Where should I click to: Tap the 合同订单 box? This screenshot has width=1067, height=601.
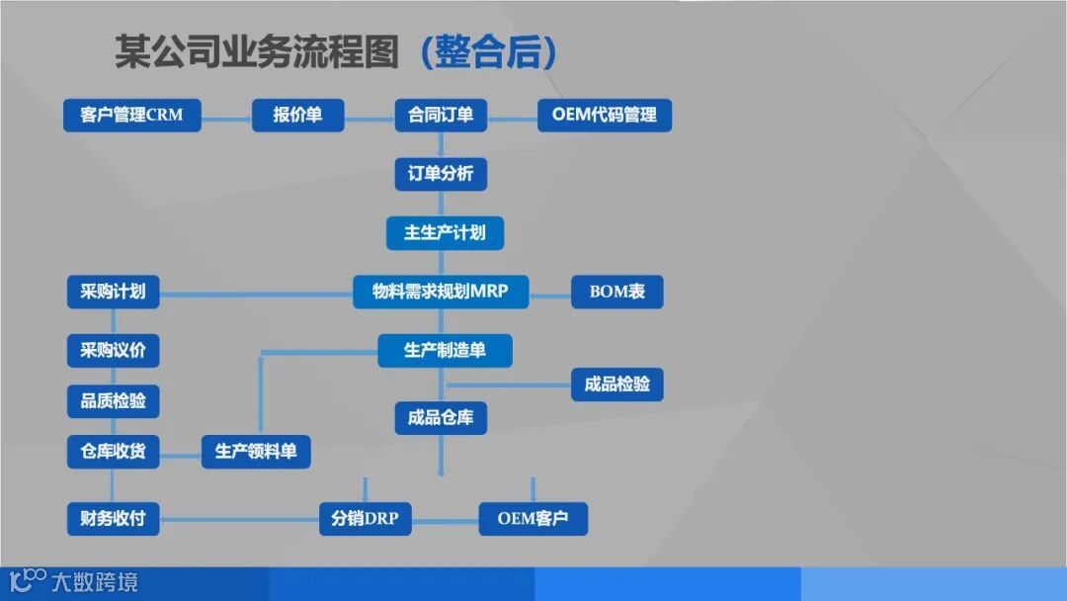pos(441,115)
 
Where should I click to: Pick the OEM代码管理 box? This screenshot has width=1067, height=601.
pos(604,115)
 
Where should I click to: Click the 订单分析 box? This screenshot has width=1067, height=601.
pos(441,174)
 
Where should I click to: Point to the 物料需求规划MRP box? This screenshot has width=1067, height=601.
pos(441,292)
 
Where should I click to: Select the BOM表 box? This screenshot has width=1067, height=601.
pos(616,292)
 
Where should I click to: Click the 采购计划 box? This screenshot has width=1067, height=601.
pos(113,292)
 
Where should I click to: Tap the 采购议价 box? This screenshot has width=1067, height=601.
pos(113,350)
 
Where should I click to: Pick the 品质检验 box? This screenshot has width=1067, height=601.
pos(113,401)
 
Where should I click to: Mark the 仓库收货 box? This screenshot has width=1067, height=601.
pos(113,452)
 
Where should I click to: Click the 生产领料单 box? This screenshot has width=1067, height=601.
pos(256,452)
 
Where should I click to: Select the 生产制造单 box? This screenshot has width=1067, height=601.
pos(445,350)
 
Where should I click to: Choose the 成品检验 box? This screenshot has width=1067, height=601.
pos(616,384)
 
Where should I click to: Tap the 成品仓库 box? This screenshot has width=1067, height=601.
pos(441,417)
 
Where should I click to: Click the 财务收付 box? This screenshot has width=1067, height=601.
pos(113,518)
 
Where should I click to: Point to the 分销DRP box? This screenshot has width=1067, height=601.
pos(366,518)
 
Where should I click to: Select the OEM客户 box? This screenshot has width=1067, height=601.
pos(533,518)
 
